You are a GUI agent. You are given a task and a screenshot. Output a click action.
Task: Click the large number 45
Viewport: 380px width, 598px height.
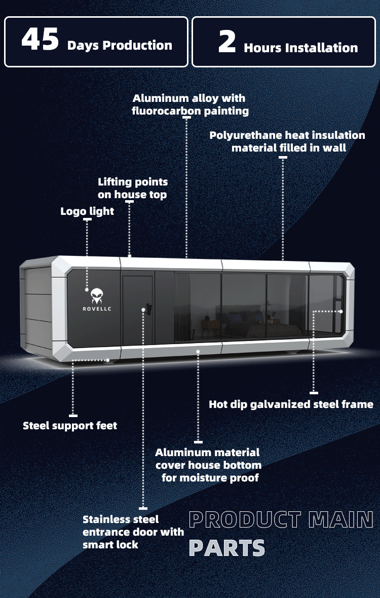pos(40,39)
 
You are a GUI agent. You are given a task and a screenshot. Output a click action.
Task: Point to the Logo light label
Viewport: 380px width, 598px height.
pos(87,212)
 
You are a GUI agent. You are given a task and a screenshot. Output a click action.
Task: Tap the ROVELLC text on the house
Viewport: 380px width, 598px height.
pos(97,309)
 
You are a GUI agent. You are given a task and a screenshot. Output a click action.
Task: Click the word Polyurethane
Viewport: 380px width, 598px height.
pos(241,136)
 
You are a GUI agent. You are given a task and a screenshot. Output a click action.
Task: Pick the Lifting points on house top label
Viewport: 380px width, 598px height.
pos(133,188)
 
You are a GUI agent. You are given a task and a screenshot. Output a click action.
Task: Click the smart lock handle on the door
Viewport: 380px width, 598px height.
pos(148,309)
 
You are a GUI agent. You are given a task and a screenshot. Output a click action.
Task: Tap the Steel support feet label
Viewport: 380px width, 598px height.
pos(70,426)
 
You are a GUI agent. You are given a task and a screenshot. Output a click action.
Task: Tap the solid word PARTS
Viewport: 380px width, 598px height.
pos(227,548)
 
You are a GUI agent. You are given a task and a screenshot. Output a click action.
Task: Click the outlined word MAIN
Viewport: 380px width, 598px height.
pos(341,520)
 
